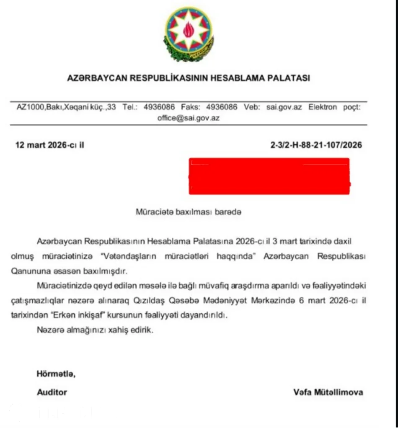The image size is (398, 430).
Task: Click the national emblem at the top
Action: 189,33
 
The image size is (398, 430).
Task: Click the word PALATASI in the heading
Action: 289,78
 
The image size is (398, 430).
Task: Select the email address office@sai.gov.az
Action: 189,118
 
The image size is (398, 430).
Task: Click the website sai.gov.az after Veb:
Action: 284,107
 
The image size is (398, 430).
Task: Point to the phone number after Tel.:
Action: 159,107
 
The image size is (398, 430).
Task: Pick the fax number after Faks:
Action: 222,107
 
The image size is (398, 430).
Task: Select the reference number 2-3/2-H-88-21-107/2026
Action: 316,146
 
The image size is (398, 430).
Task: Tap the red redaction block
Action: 269,176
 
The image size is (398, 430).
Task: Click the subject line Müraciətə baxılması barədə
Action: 189,212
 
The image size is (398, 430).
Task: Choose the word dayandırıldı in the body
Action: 205,315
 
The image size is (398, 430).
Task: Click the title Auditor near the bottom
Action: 52,392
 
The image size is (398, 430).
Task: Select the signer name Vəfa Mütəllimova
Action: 328,392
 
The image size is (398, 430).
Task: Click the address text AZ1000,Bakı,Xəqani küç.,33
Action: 66,107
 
